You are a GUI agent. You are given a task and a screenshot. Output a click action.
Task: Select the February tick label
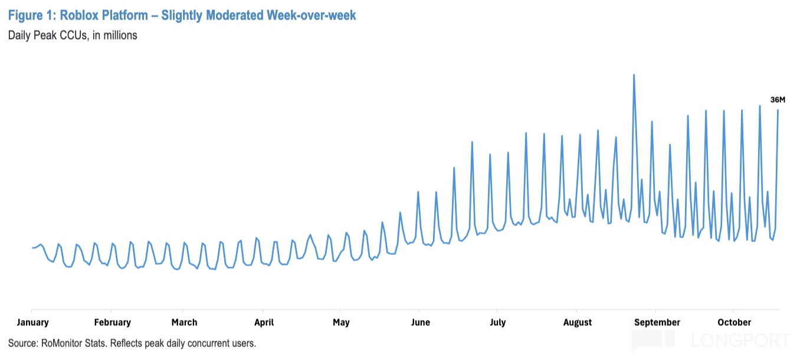[112, 322]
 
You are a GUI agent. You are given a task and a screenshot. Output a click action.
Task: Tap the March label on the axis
[184, 322]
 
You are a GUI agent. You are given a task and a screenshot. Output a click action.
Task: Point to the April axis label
[264, 322]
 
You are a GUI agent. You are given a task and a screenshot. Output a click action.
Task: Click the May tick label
[341, 322]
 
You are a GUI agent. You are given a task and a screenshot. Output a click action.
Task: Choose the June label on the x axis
[420, 322]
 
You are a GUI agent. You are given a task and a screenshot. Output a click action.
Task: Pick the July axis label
[497, 322]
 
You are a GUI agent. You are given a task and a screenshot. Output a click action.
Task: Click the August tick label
[578, 322]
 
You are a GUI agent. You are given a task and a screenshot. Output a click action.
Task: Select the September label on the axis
[657, 322]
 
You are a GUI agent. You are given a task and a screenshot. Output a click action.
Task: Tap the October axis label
[734, 322]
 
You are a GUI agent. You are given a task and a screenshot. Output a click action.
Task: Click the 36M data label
[778, 99]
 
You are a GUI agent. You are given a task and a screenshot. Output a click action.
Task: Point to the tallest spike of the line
[634, 75]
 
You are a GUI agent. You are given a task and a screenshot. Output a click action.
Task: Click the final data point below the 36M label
[778, 110]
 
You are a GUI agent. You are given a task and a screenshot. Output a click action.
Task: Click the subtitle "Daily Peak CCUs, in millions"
[73, 35]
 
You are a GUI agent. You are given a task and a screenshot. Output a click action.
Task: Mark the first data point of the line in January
[32, 248]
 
